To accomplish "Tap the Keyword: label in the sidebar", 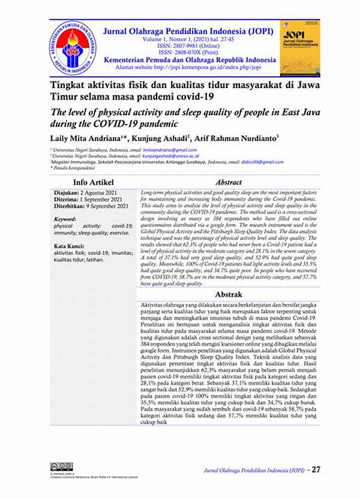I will (x=65, y=220).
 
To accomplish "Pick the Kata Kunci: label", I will (x=68, y=247).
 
